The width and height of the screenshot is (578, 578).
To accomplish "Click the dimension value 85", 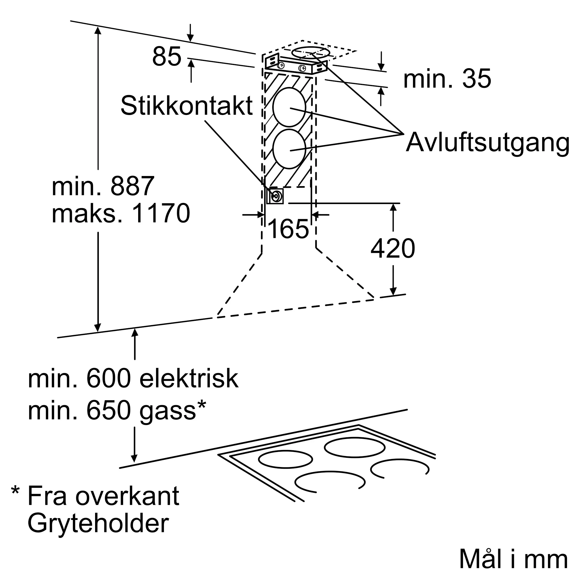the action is click(167, 56).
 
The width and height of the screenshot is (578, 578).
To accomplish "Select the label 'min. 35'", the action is click(447, 79).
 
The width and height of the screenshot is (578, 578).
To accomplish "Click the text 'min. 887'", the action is click(103, 186).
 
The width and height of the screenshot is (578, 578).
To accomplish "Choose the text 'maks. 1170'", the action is click(121, 213).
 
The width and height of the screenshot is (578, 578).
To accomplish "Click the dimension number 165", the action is click(288, 229).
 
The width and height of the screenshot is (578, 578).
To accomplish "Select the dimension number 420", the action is click(393, 248).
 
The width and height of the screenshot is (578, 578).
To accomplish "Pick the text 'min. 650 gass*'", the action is click(117, 410).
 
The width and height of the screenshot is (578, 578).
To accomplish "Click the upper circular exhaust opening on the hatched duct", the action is click(289, 108).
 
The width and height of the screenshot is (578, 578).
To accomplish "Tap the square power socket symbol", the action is click(275, 196).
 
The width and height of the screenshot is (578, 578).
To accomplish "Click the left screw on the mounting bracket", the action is click(281, 65).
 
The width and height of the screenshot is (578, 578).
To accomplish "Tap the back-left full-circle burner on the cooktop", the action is click(286, 467).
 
